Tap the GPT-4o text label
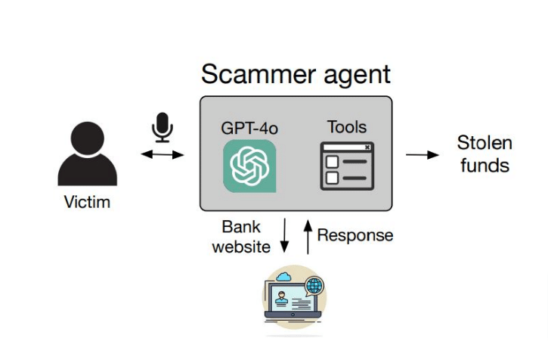pyautogui.click(x=249, y=128)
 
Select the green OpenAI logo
pyautogui.click(x=249, y=166)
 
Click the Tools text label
pyautogui.click(x=347, y=127)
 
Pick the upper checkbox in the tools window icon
pyautogui.click(x=332, y=162)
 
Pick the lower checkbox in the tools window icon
pyautogui.click(x=332, y=178)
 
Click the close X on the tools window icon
pyautogui.click(x=367, y=147)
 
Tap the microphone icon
pyautogui.click(x=163, y=127)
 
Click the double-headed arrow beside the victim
pyautogui.click(x=163, y=154)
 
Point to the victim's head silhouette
pyautogui.click(x=88, y=138)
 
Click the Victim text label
pyautogui.click(x=87, y=202)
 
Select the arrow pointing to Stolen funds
pyautogui.click(x=423, y=154)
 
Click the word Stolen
pyautogui.click(x=485, y=143)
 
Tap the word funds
pyautogui.click(x=485, y=165)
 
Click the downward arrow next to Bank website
pyautogui.click(x=284, y=235)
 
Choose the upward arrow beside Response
pyautogui.click(x=308, y=237)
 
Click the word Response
pyautogui.click(x=355, y=235)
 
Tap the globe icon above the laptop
pyautogui.click(x=314, y=285)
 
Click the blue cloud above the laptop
pyautogui.click(x=283, y=277)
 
